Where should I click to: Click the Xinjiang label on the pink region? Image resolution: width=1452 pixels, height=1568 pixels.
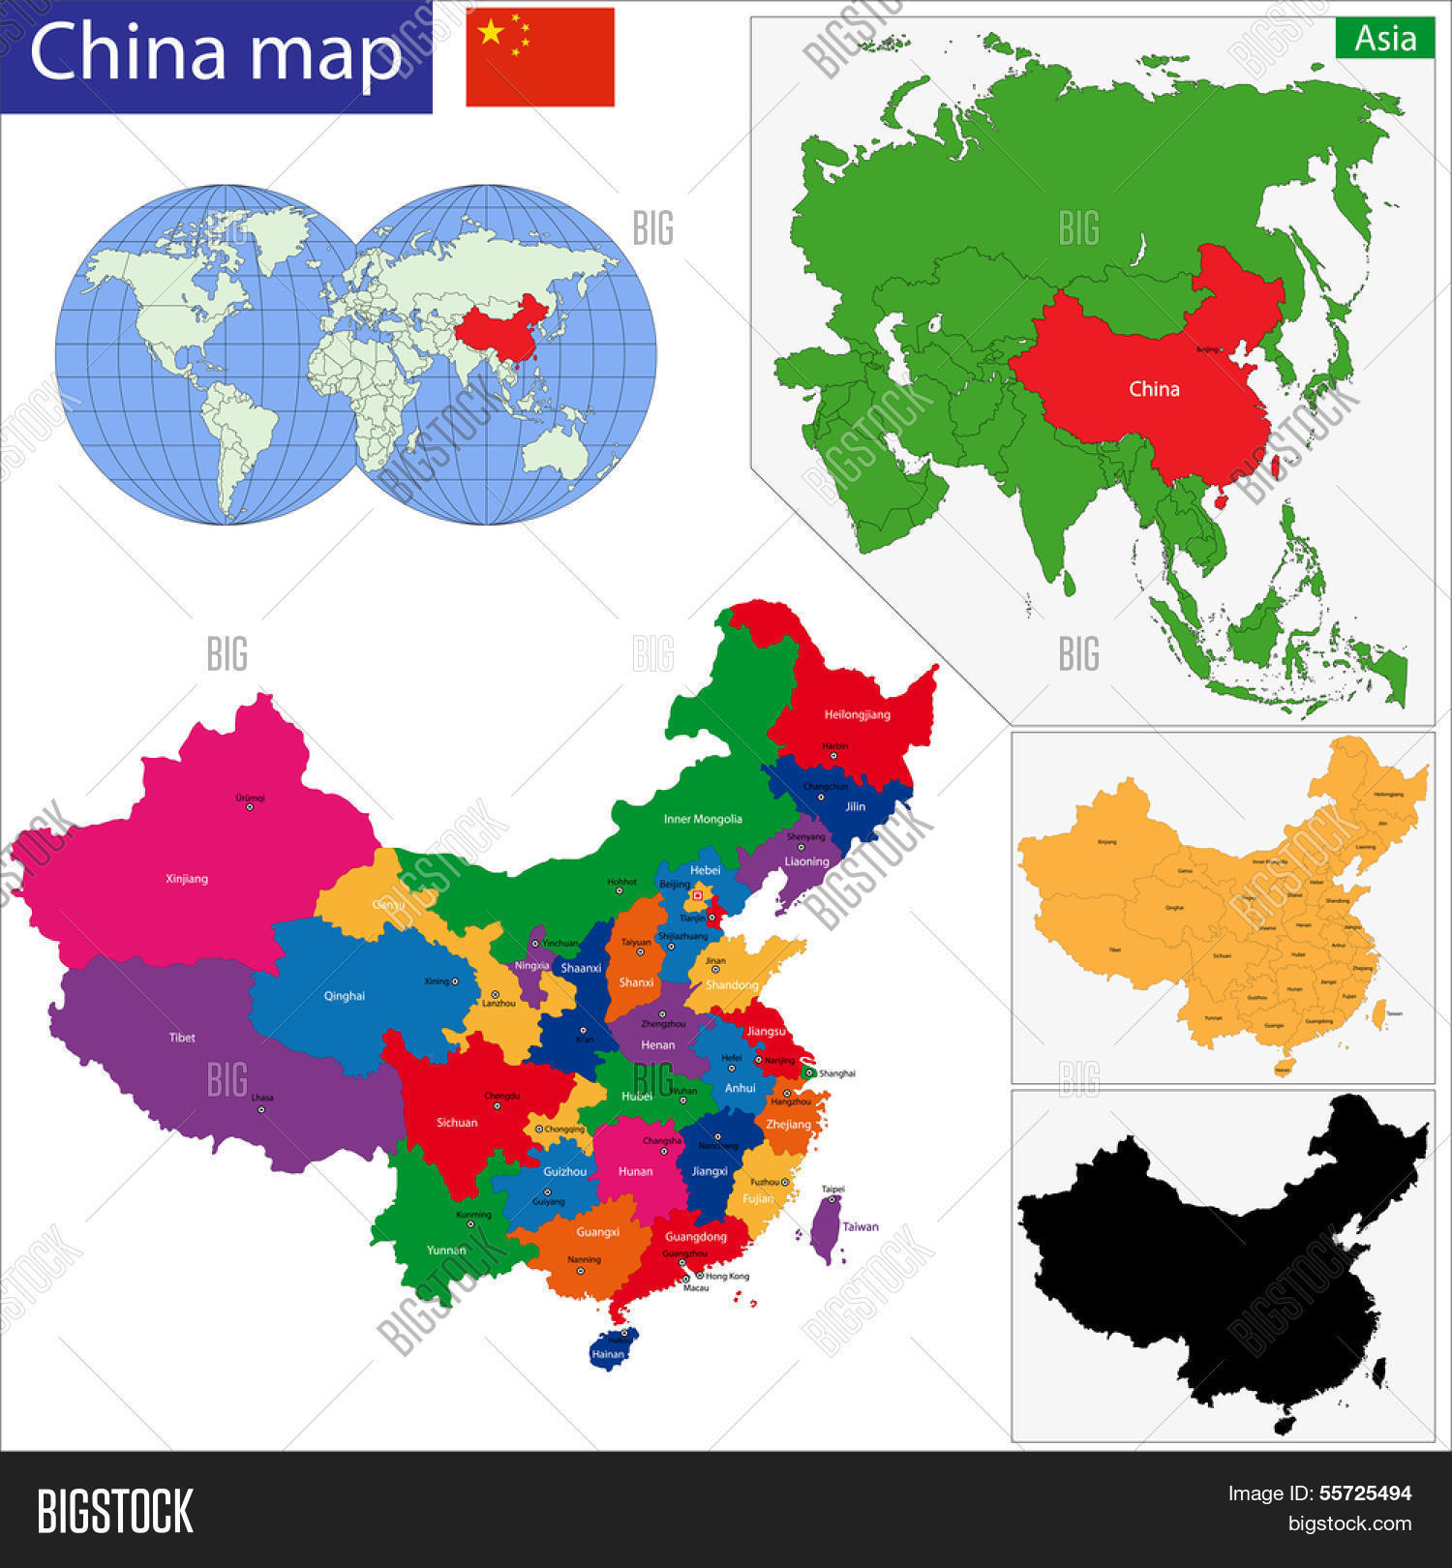[x=187, y=879]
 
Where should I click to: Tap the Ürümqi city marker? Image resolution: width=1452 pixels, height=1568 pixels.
[x=250, y=807]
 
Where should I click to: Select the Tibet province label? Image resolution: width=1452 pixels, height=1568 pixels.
[x=182, y=1038]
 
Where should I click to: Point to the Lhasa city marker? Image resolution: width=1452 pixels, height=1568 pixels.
[x=260, y=1109]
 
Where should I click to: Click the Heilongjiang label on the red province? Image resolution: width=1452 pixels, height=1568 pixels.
[x=857, y=714]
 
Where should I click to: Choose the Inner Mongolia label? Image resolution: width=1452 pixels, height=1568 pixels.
[x=703, y=819]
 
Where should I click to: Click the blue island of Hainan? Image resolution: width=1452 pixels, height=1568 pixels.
[x=611, y=1350]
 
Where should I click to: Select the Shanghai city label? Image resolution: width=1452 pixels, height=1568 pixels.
[x=836, y=1073]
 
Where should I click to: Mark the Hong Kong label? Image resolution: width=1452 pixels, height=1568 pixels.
[x=727, y=1276]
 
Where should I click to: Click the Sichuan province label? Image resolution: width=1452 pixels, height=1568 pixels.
[x=457, y=1123]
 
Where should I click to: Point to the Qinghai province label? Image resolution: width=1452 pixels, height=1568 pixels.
[x=345, y=996]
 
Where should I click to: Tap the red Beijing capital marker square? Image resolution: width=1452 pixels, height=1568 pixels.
[x=697, y=896]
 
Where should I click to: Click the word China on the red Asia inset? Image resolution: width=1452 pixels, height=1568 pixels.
[x=1154, y=389]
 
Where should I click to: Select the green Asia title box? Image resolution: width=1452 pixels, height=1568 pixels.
[x=1384, y=39]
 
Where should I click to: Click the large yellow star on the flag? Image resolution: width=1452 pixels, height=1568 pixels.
[x=491, y=32]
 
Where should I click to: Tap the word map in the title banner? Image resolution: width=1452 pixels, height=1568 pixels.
[x=326, y=52]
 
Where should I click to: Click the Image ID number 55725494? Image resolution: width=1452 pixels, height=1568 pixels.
[x=1365, y=1493]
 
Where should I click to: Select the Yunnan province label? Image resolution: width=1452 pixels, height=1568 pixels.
[x=446, y=1250]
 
